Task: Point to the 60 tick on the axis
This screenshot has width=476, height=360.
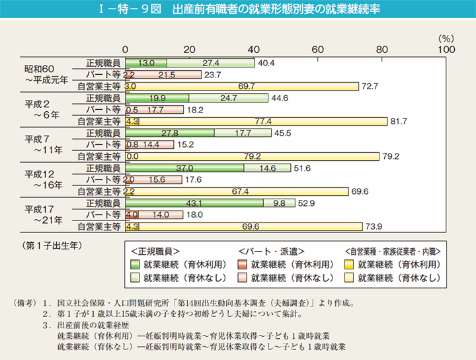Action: click(318, 49)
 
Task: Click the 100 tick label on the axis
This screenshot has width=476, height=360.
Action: click(446, 49)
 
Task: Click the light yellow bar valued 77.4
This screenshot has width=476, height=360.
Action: click(263, 121)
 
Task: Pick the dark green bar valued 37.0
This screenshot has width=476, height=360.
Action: click(184, 168)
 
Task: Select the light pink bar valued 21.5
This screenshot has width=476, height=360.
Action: click(167, 75)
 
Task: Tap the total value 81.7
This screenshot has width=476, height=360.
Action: click(400, 121)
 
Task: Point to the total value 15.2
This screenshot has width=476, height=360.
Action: click(186, 144)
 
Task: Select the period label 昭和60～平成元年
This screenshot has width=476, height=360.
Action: click(44, 74)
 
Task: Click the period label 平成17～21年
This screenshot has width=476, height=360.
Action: click(44, 214)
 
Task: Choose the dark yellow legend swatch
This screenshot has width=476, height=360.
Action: click(349, 263)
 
